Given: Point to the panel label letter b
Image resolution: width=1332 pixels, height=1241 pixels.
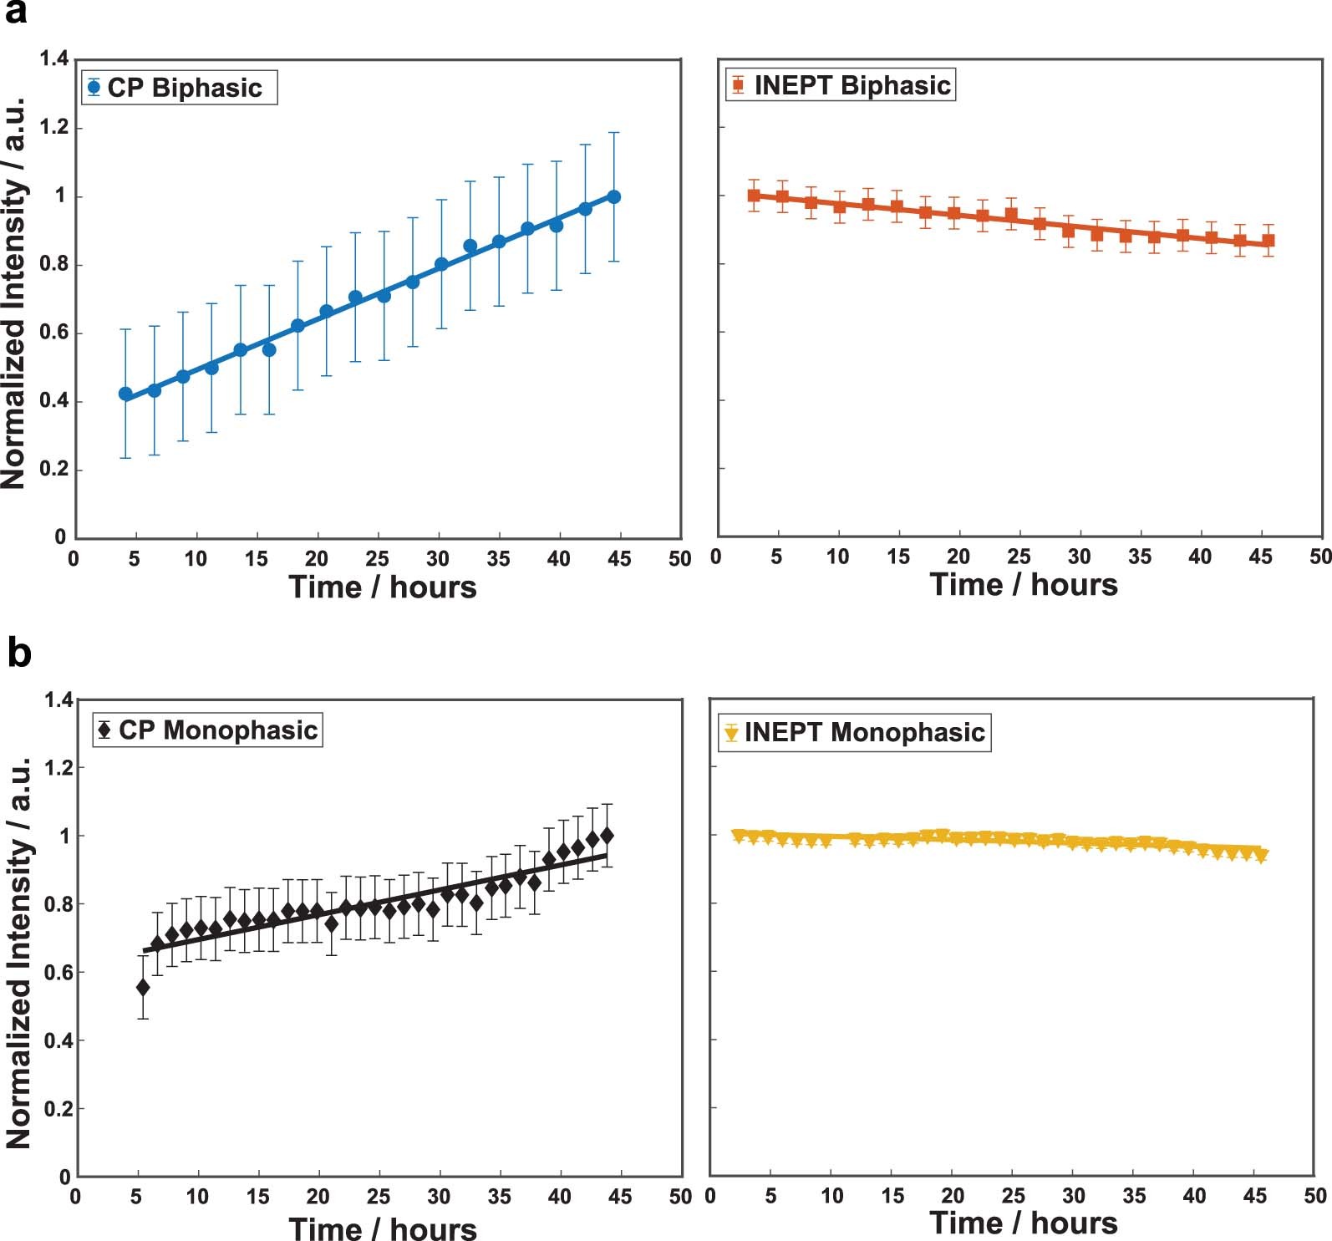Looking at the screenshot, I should (x=18, y=653).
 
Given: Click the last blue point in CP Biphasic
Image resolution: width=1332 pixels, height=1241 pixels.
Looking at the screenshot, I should (x=614, y=196).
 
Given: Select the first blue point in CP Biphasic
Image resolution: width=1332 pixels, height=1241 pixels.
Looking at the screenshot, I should (x=125, y=394).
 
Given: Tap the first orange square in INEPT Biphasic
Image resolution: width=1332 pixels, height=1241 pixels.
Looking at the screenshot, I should (x=754, y=196).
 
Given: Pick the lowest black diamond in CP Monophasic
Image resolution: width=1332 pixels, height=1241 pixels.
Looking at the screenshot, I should (x=143, y=987).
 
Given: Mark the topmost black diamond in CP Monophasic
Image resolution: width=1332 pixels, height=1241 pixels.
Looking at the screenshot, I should (x=608, y=835).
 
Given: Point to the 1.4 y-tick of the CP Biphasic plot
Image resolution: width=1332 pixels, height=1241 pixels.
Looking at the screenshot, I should (x=54, y=58).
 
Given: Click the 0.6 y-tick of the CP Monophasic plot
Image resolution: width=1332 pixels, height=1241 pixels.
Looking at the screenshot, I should (x=58, y=972).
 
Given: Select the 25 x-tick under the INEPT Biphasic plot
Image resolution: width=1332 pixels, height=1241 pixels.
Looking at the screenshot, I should (x=1019, y=557).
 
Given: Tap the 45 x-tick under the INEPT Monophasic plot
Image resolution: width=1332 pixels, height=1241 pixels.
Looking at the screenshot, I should (x=1255, y=1196).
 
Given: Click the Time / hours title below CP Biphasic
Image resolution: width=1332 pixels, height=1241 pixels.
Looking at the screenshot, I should (x=383, y=587).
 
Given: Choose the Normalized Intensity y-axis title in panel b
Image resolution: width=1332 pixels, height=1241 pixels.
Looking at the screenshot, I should (x=18, y=953).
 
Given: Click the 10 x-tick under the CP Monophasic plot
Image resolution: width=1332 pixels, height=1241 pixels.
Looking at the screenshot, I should (x=197, y=1197).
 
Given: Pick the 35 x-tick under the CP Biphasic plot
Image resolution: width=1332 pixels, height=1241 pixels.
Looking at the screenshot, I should (x=498, y=559).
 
